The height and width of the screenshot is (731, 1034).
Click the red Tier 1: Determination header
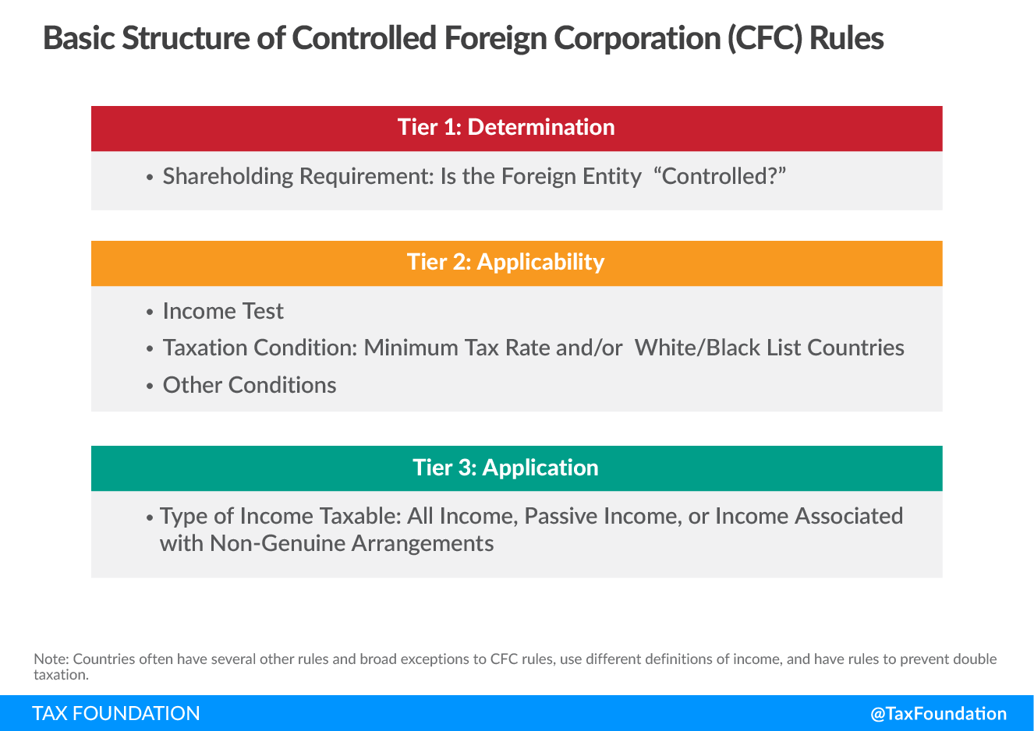tap(516, 129)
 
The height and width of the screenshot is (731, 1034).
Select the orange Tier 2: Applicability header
tap(516, 263)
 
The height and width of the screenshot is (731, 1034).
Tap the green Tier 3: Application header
tap(516, 468)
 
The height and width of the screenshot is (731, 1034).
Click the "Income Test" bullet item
tap(223, 311)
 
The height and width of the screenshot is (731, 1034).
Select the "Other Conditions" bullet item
tap(250, 385)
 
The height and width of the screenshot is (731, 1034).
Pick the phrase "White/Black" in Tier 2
tap(697, 348)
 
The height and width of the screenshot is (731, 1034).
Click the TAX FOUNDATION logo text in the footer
tap(116, 714)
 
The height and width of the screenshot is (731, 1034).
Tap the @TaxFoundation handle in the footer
tap(938, 714)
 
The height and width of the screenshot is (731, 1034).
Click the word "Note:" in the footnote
tap(51, 659)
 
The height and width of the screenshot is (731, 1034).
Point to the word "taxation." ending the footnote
tap(61, 675)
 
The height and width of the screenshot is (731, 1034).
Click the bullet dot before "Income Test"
tap(149, 313)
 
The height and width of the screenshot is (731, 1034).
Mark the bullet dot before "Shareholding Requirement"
tap(149, 178)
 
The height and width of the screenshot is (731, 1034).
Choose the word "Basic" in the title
tap(79, 38)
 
